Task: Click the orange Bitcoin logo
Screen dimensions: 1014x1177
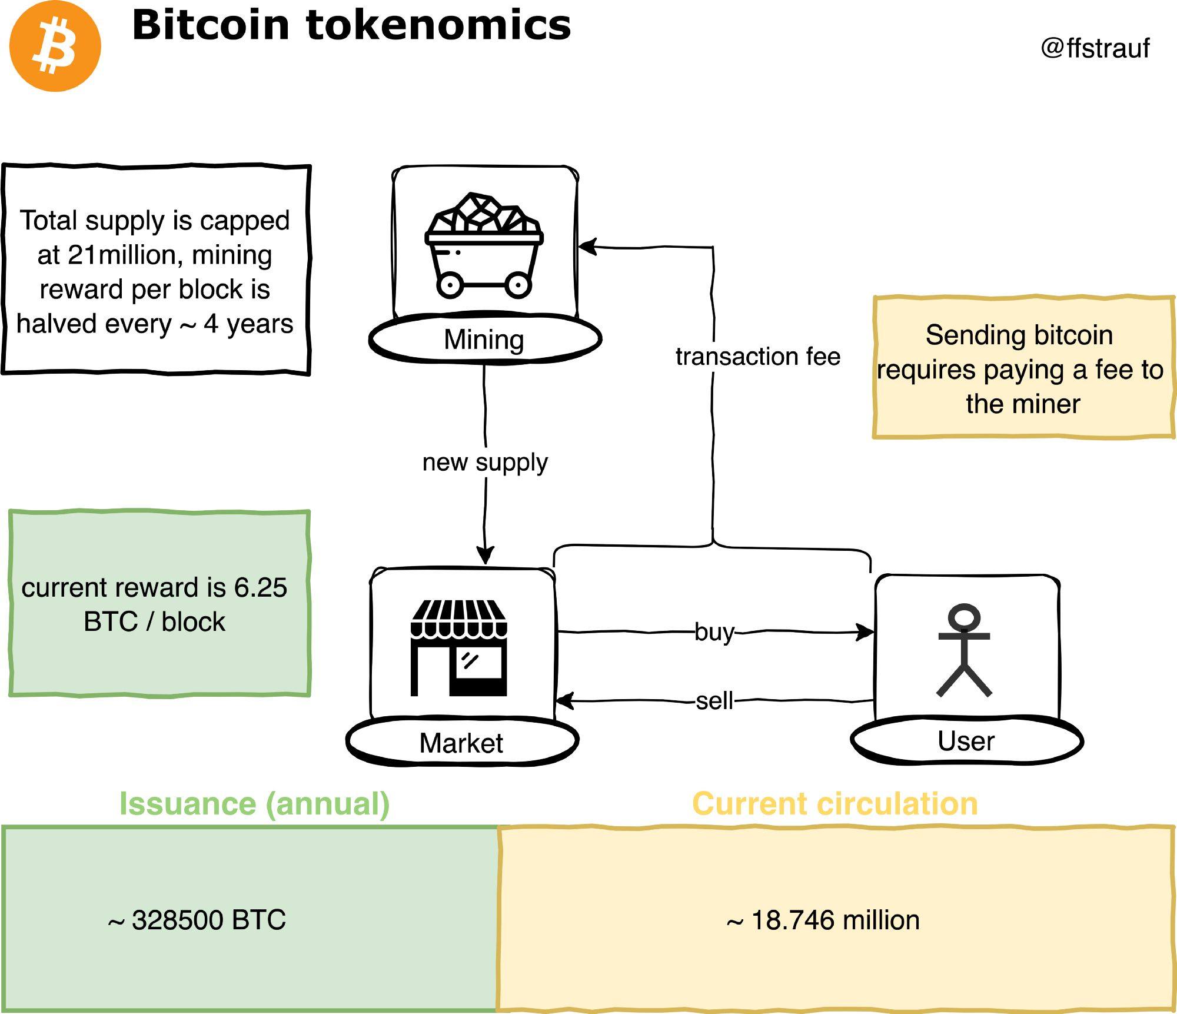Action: click(x=55, y=46)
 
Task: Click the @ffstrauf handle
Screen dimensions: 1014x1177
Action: click(x=1095, y=48)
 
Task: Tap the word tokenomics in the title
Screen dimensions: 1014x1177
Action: click(x=438, y=26)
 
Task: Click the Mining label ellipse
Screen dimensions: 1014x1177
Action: click(x=484, y=340)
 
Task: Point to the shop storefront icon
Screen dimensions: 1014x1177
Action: click(x=458, y=648)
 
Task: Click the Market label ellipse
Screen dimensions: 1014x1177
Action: click(x=461, y=743)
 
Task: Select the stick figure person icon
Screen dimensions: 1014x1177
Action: click(x=964, y=650)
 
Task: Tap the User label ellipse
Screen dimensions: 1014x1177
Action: click(x=966, y=740)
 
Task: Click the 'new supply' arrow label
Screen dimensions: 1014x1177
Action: click(x=485, y=462)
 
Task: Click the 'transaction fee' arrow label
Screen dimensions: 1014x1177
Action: click(x=758, y=357)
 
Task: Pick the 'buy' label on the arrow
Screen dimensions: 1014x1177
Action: click(x=714, y=632)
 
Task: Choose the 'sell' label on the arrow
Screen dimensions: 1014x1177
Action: click(x=714, y=701)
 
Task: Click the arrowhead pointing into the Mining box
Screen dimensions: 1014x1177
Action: click(x=587, y=247)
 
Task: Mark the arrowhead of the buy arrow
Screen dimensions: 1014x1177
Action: click(x=866, y=633)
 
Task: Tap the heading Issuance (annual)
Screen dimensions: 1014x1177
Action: click(x=254, y=804)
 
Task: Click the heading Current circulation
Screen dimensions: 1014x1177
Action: click(x=834, y=804)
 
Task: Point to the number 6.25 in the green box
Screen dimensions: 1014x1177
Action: click(x=260, y=587)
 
